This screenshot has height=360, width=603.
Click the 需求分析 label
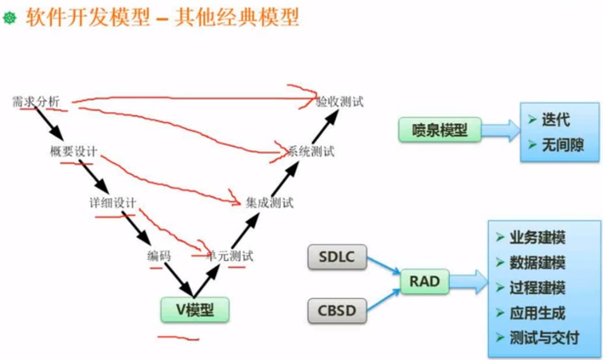click(36, 102)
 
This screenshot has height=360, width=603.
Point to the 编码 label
click(159, 256)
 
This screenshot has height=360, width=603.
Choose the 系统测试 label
click(311, 152)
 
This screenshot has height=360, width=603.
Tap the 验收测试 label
click(340, 102)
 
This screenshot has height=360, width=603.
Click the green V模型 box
click(195, 310)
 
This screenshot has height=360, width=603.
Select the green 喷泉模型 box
click(440, 129)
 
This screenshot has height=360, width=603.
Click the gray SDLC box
click(337, 257)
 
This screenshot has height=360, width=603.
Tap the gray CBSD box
click(337, 310)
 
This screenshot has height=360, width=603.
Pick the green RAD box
click(424, 282)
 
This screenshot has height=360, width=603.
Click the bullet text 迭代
click(556, 120)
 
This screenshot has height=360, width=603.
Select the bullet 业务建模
click(537, 238)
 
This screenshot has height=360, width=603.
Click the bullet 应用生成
click(537, 313)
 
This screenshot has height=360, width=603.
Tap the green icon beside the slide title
click(10, 18)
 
